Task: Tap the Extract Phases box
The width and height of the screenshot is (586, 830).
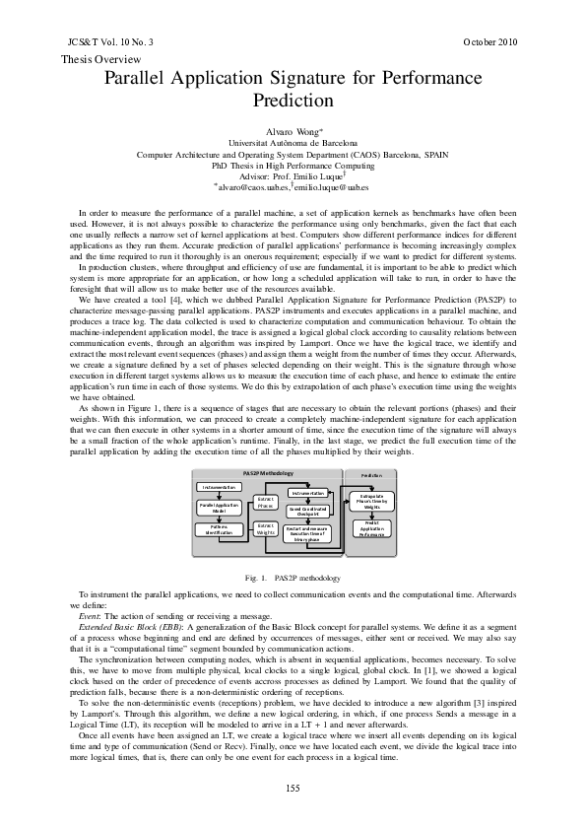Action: click(x=265, y=503)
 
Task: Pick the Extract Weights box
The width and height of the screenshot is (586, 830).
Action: click(x=265, y=529)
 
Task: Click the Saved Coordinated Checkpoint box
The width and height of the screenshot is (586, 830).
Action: click(x=308, y=510)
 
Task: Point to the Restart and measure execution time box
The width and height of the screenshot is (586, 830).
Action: click(x=308, y=533)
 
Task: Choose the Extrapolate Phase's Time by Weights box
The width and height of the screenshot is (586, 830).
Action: click(x=371, y=501)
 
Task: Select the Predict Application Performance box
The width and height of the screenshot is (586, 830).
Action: click(x=371, y=529)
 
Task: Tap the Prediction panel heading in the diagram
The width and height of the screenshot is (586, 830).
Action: click(x=371, y=474)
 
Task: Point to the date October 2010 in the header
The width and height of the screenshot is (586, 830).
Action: click(x=489, y=42)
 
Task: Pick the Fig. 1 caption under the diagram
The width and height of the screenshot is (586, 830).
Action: click(x=293, y=577)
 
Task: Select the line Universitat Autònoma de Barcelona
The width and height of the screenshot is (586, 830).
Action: click(x=293, y=143)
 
